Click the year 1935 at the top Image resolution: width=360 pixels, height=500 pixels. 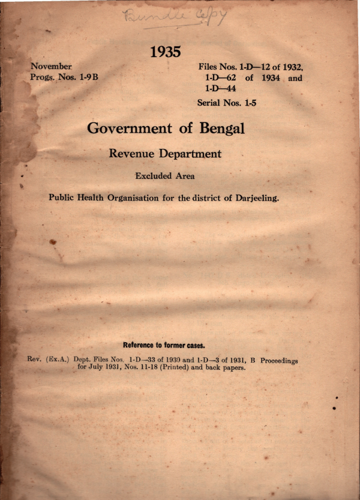tap(165, 52)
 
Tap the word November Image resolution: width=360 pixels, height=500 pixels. tap(51, 67)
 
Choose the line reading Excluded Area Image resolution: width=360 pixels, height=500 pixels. tap(165, 176)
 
